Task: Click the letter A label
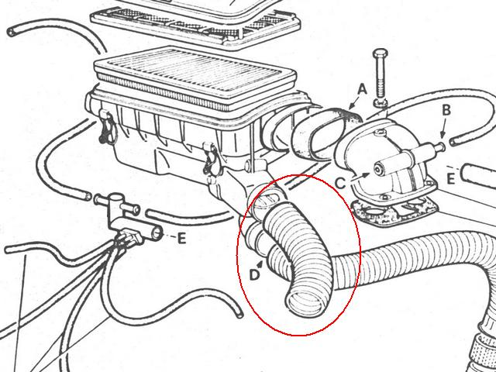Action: click(x=362, y=90)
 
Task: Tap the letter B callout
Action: click(x=446, y=110)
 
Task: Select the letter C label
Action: click(x=340, y=183)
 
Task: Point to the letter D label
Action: click(x=254, y=275)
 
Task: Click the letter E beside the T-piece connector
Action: click(x=181, y=239)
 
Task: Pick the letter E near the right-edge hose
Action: click(x=451, y=179)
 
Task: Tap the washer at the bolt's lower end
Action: click(x=381, y=103)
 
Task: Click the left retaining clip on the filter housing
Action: click(x=107, y=126)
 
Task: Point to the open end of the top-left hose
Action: click(x=12, y=32)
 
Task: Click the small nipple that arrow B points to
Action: click(x=440, y=146)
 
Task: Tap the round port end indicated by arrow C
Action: click(x=378, y=169)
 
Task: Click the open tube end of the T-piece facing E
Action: click(x=157, y=234)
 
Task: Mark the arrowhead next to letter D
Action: click(x=261, y=263)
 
